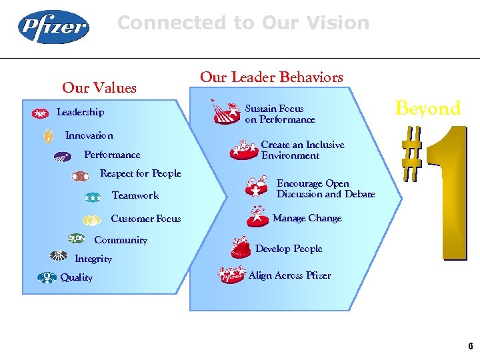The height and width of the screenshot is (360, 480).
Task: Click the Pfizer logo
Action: (53, 28)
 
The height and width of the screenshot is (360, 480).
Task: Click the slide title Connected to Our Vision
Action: (243, 23)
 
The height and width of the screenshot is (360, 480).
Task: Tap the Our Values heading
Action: (99, 88)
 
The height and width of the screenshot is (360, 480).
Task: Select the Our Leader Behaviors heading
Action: (271, 77)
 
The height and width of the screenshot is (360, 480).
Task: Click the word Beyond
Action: (427, 109)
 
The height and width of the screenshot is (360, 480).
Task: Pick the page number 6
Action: (470, 346)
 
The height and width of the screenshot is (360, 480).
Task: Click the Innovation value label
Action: (89, 135)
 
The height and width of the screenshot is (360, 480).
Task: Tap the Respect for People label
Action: (140, 173)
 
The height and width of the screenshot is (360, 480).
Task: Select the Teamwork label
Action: (135, 195)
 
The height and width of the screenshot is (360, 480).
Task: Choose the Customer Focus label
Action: (145, 219)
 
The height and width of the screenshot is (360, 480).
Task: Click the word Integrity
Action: (93, 259)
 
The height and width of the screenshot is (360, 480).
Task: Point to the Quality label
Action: (77, 277)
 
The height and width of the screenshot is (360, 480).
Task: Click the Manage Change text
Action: (307, 218)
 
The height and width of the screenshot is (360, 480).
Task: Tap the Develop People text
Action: (289, 249)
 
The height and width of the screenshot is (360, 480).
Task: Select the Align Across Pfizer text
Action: (289, 275)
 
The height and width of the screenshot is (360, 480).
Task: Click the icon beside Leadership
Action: (40, 113)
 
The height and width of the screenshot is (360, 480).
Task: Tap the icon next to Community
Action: (77, 239)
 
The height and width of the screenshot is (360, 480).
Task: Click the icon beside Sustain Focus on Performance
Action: (226, 113)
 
